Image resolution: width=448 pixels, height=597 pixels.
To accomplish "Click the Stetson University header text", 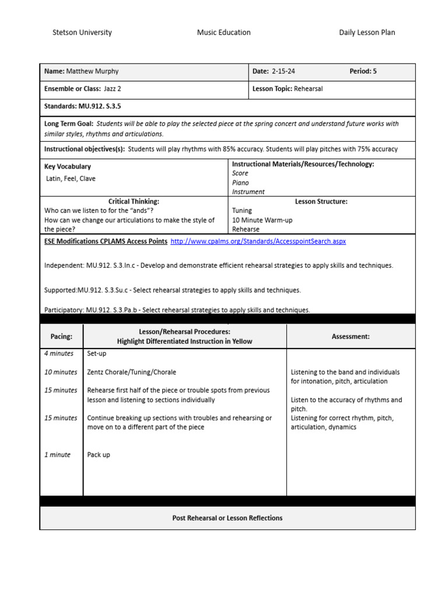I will [82, 33].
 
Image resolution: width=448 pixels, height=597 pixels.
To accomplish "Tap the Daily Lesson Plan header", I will [367, 33].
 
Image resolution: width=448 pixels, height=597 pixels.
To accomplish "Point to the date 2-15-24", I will [283, 72].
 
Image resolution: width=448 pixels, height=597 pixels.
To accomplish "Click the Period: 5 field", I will [363, 72].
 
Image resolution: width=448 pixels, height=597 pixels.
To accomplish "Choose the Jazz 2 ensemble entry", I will [112, 90].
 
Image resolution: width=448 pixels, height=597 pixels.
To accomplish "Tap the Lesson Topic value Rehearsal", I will [309, 90].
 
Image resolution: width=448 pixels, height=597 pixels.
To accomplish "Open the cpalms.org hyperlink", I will [262, 241].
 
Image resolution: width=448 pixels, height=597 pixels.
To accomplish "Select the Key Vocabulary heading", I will [68, 167].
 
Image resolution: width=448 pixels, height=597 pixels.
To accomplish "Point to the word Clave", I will [88, 179].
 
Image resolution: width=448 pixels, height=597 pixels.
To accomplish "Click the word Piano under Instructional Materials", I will [240, 182].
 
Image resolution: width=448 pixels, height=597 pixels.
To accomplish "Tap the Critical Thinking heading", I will [134, 202].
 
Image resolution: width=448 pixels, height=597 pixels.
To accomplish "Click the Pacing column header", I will [61, 336].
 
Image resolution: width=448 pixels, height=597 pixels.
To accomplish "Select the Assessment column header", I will [351, 336].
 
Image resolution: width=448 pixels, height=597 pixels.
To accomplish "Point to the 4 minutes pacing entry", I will [59, 353].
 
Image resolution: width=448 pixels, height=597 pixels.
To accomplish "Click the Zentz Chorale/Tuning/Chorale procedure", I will [131, 372].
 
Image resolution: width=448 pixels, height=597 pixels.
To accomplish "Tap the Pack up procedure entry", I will [99, 455].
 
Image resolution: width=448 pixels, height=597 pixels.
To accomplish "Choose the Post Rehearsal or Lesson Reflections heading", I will [228, 518].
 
